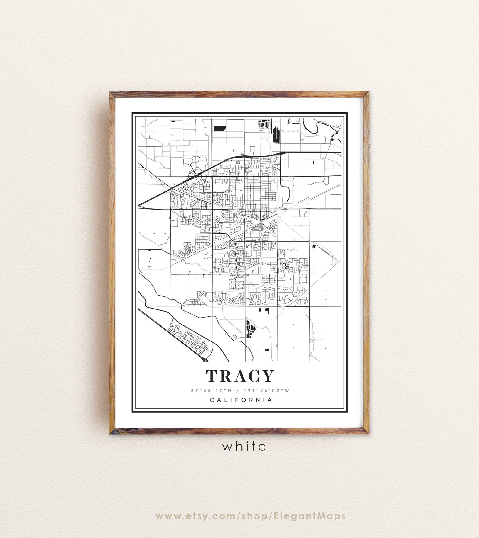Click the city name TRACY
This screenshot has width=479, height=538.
click(x=240, y=376)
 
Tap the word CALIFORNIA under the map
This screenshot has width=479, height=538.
click(x=241, y=400)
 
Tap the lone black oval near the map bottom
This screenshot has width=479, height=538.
click(x=267, y=350)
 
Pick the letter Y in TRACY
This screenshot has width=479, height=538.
click(x=268, y=376)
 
